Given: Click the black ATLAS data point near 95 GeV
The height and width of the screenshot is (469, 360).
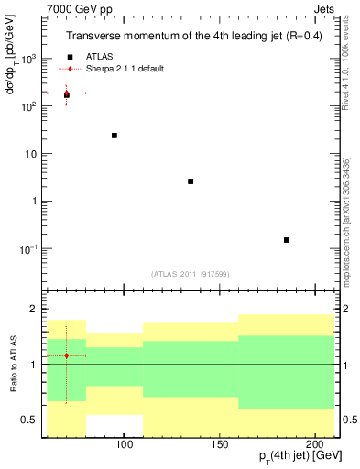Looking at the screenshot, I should pos(115,136).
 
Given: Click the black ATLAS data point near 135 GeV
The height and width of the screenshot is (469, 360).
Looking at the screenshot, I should pos(191,181).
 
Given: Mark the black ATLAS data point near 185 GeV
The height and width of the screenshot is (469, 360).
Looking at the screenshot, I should pos(287,240).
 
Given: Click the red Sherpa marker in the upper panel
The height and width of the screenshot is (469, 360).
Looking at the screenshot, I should pos(66,93).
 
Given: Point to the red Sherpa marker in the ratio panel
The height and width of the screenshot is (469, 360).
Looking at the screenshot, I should pos(66,355).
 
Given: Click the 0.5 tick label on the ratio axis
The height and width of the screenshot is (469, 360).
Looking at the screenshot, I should pos(29,420).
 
